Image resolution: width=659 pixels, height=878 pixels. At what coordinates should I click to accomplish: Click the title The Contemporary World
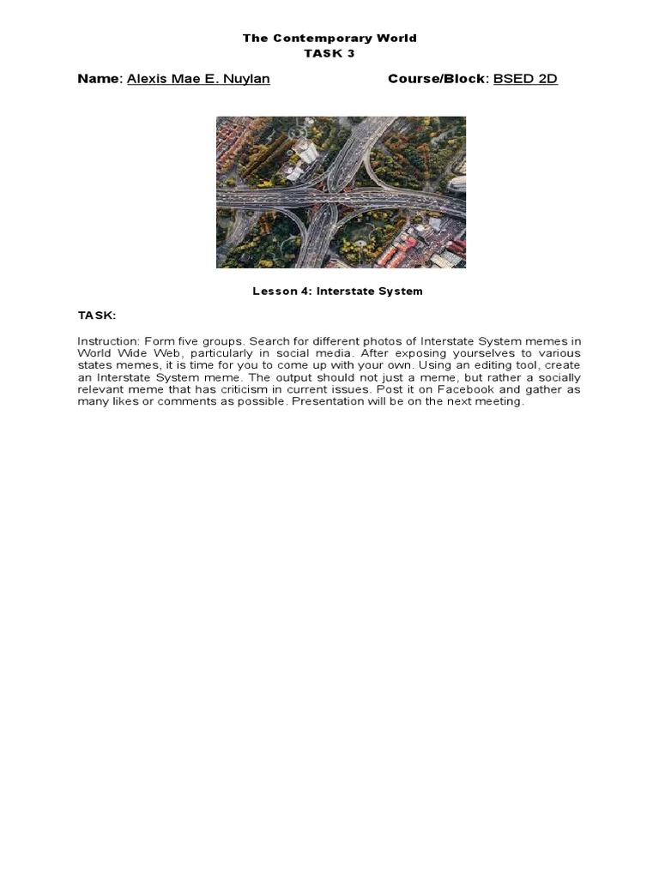click(329, 39)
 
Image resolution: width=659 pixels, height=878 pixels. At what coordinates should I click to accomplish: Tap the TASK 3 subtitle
click(329, 52)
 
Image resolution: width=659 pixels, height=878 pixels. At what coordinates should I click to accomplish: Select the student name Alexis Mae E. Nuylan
click(198, 79)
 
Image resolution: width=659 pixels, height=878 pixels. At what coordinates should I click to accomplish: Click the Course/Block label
click(437, 79)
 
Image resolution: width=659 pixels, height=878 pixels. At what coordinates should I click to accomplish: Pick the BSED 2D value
click(525, 79)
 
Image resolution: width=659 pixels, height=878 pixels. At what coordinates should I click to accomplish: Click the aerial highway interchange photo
click(341, 192)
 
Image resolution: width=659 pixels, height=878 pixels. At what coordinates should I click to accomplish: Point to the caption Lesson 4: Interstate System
click(337, 292)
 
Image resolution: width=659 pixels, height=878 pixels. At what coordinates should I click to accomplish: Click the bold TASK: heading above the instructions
click(96, 316)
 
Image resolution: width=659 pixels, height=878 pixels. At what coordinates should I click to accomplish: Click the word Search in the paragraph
click(269, 341)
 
